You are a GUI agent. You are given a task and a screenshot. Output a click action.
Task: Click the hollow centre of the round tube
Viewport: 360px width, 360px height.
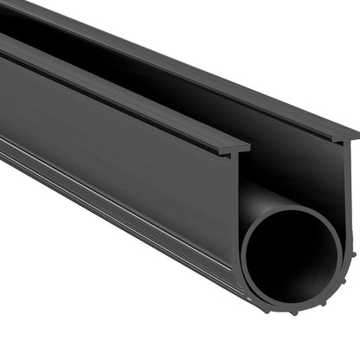click(290, 257)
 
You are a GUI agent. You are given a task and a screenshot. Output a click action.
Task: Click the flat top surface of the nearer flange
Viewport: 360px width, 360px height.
click(130, 95)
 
